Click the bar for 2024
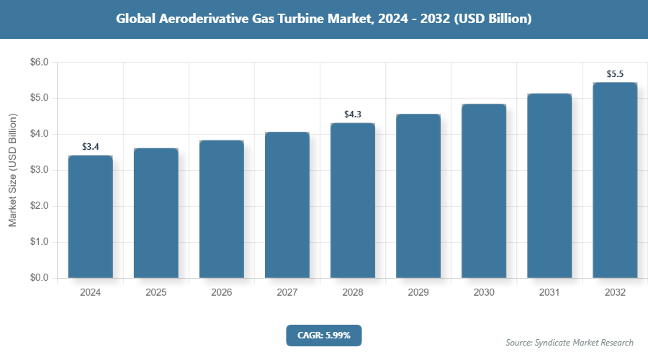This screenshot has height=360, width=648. [x=90, y=216]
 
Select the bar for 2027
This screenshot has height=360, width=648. [x=287, y=205]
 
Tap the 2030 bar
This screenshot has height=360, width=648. [x=484, y=191]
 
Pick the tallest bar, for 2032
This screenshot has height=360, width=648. [x=615, y=180]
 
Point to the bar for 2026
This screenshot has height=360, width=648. [x=221, y=209]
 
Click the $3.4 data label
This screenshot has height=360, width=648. [x=90, y=147]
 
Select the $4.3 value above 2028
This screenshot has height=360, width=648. [x=353, y=114]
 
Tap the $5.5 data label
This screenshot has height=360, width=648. [x=615, y=74]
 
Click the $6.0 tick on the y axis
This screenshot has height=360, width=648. [x=39, y=63]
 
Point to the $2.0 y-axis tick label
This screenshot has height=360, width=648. [x=39, y=206]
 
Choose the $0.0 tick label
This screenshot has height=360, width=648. [x=39, y=278]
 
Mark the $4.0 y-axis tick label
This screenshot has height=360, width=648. [x=39, y=135]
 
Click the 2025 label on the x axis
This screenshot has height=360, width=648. [x=156, y=293]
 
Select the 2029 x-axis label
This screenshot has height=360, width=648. [x=418, y=293]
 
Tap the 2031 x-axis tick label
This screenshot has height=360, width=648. [x=549, y=293]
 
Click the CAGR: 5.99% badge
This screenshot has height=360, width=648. [x=323, y=335]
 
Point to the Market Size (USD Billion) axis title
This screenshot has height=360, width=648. [x=12, y=171]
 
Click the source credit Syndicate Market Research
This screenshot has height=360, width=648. [x=569, y=343]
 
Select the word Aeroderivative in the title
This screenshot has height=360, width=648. [x=201, y=19]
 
